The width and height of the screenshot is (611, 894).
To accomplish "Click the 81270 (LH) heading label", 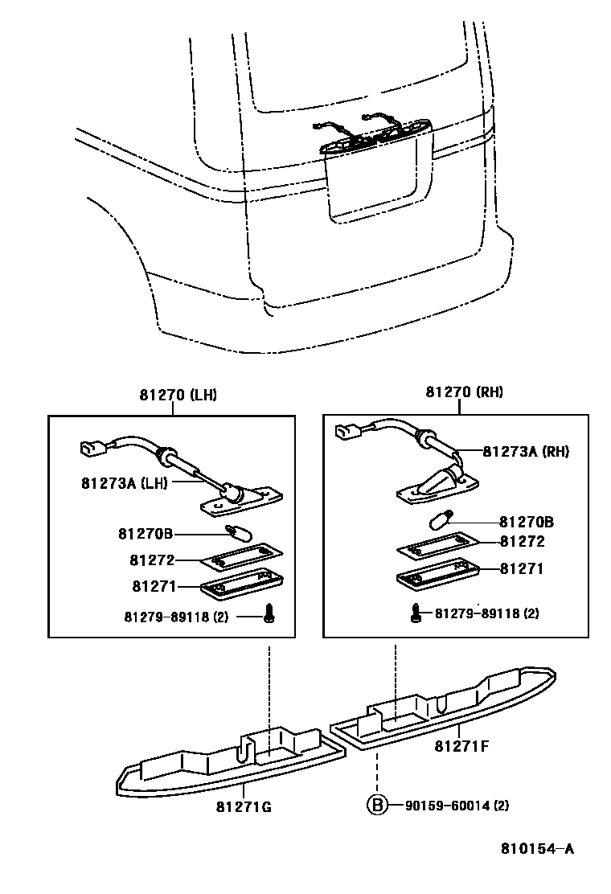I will coord(178,395).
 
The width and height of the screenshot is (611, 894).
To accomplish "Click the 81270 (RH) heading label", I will coord(464,392).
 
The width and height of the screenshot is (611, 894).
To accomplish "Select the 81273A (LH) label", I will coord(122,483).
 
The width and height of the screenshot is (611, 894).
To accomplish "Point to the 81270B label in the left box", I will coord(146,534).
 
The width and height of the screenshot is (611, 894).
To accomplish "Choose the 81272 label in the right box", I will coord(522,542).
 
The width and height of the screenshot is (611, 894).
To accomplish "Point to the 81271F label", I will coord(461,746).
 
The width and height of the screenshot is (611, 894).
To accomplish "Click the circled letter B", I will coord(376,804).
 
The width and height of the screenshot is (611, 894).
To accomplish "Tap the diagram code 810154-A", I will coord(537,848).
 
